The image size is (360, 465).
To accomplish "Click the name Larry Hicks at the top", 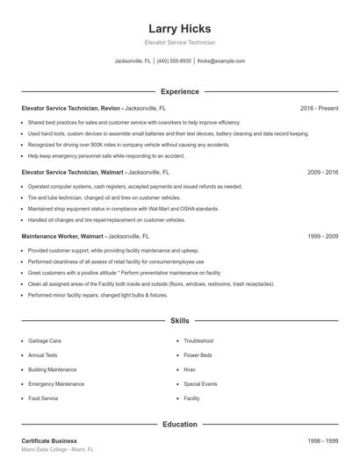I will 179,28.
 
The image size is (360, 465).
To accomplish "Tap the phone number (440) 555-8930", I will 175,61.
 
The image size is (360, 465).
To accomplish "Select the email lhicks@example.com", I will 221,61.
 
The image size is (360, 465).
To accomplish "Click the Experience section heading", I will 179,91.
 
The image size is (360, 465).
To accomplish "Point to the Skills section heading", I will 179,321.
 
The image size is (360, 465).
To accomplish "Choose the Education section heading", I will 179,425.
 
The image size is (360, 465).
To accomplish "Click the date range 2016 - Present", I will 319,108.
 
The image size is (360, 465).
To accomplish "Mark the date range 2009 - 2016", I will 322,173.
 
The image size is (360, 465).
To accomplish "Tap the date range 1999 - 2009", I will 322,237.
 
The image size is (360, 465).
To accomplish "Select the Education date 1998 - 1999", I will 322,441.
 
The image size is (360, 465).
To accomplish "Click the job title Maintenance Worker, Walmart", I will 63,237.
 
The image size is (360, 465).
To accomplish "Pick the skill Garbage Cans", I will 46,340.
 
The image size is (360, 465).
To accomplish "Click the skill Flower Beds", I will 198,355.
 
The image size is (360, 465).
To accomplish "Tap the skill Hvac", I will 190,369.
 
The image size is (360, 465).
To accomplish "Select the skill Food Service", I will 44,398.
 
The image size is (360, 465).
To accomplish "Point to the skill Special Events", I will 200,384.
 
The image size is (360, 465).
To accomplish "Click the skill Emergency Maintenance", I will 56,384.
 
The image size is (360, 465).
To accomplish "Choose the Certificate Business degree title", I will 49,441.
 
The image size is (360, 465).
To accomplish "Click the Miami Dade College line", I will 57,450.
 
